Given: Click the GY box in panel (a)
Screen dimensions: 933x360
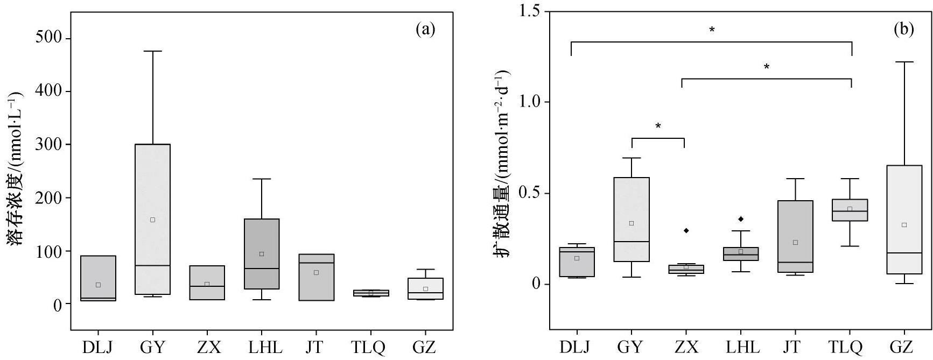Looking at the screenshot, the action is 152,220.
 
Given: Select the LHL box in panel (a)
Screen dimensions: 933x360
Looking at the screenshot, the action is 262,254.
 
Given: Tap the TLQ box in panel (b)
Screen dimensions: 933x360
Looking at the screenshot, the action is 850,210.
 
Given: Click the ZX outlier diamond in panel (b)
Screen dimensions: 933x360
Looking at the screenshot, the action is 686,230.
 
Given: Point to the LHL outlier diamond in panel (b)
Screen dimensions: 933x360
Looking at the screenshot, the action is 741,219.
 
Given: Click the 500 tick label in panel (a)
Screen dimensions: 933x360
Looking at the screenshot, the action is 49,38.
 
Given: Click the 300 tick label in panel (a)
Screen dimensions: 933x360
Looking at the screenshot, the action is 49,144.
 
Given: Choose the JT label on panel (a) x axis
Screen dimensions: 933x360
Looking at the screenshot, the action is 315,347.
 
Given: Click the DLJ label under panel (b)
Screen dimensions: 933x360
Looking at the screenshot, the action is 576,347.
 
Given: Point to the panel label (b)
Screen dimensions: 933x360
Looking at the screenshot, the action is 904,29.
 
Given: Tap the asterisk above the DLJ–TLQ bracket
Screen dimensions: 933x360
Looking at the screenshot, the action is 712,30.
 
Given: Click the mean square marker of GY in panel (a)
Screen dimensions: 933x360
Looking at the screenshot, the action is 152,220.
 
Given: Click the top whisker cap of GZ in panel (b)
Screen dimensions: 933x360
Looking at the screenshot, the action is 904,62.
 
